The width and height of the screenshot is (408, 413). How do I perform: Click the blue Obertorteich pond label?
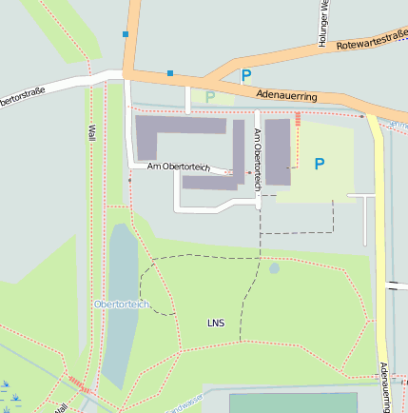click(122, 304)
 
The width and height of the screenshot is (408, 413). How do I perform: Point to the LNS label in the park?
click(217, 324)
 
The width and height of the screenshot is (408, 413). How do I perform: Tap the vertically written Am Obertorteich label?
click(257, 157)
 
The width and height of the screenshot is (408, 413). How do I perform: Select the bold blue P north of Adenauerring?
click(246, 76)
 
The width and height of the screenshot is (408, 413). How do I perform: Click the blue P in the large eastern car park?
click(320, 164)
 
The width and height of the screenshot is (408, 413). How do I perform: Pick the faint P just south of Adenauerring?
click(210, 96)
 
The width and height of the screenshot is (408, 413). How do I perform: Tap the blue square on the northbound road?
click(126, 35)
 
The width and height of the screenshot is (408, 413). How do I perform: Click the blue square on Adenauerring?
click(170, 72)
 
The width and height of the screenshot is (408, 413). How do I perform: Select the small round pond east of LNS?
click(274, 268)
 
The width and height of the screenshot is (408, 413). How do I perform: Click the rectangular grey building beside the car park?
click(277, 151)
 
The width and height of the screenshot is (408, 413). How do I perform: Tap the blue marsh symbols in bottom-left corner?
click(11, 392)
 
